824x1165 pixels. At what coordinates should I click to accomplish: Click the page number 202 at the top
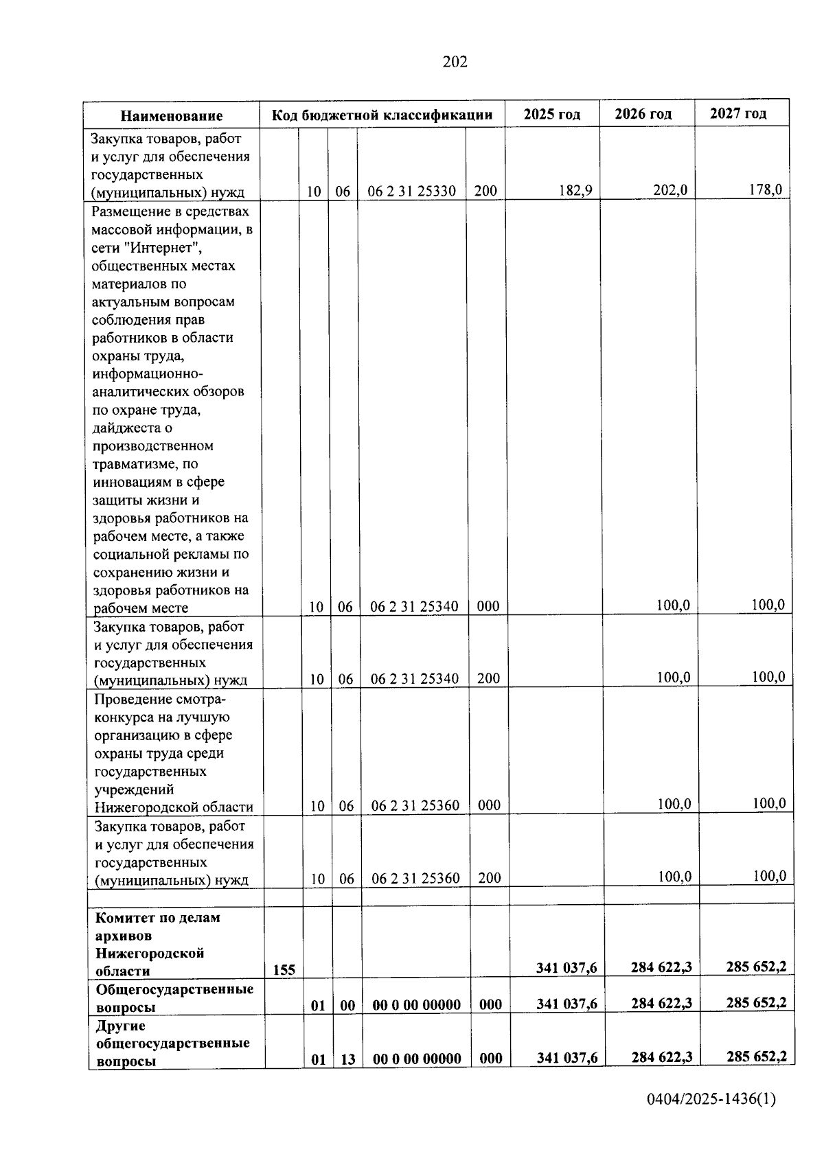pyautogui.click(x=455, y=62)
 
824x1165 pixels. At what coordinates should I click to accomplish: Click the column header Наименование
pyautogui.click(x=172, y=116)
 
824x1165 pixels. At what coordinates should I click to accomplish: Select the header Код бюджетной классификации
pyautogui.click(x=382, y=115)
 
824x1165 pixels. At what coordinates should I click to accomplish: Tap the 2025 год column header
pyautogui.click(x=551, y=114)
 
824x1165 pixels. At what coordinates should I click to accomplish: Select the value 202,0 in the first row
pyautogui.click(x=669, y=190)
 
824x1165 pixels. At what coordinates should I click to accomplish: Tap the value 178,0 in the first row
pyautogui.click(x=765, y=189)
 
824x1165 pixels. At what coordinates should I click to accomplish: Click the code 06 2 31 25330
pyautogui.click(x=412, y=192)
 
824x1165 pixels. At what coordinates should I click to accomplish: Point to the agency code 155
pyautogui.click(x=284, y=970)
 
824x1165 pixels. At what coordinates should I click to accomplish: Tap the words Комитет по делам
pyautogui.click(x=157, y=918)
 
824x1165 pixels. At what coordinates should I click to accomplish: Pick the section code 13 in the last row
pyautogui.click(x=348, y=1059)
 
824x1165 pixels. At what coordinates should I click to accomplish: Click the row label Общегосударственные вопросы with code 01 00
pyautogui.click(x=174, y=997)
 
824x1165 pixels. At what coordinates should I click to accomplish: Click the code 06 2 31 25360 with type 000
pyautogui.click(x=415, y=805)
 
